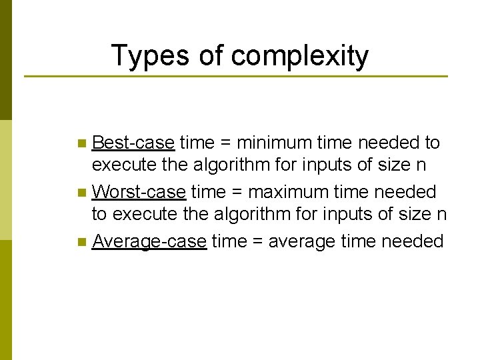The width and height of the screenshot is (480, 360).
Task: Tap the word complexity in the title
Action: (x=299, y=56)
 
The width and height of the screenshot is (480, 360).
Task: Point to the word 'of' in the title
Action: (x=212, y=56)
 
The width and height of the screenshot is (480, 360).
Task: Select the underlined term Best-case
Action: (x=133, y=143)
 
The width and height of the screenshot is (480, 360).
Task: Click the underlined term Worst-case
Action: (x=139, y=192)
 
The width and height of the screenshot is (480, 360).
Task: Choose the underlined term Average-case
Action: (x=149, y=241)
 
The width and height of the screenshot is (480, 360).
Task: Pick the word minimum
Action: (x=273, y=143)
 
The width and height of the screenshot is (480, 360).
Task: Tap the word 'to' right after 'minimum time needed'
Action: (x=432, y=143)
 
